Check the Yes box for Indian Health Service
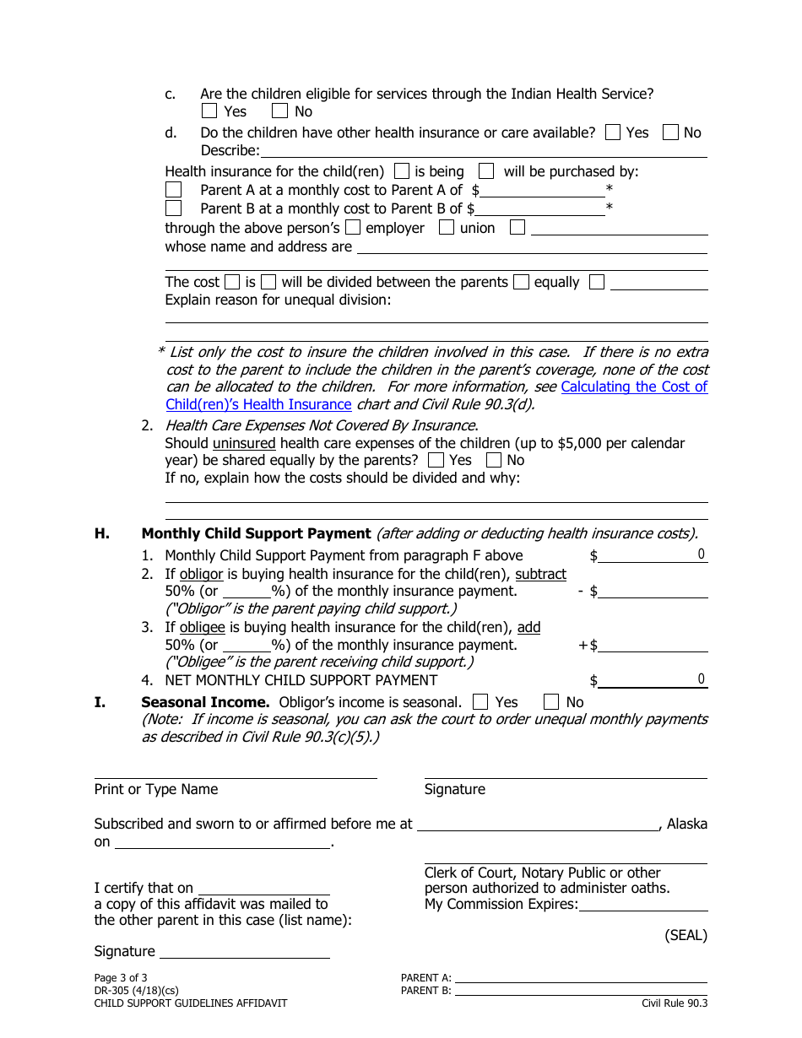pos(209,111)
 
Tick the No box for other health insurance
pos(670,132)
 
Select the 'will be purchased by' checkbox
pos(486,171)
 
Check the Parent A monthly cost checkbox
pos(173,190)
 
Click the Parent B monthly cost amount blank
pos(540,208)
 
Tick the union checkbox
pos(447,228)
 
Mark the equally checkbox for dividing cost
pos(521,283)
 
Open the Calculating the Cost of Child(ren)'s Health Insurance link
pos(634,387)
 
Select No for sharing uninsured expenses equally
pos(494,460)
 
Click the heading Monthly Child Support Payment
pos(256,533)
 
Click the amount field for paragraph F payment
pos(653,555)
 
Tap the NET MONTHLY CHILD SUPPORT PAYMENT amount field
pos(653,680)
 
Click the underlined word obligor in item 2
pos(201,574)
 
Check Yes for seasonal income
pos(480,702)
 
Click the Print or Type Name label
pos(156,790)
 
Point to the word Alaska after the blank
pos(686,824)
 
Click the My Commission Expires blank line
pos(643,905)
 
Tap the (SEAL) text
pos(685,935)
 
